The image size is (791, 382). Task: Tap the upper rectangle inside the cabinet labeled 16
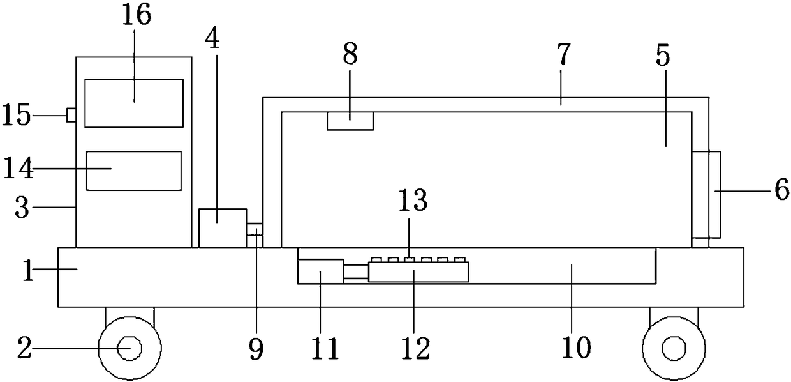click(134, 103)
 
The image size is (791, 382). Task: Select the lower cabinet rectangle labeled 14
click(133, 171)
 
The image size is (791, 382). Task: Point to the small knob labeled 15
click(71, 115)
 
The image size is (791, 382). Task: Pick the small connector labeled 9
click(255, 234)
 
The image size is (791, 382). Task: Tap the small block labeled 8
click(350, 120)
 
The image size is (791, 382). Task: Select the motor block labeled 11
click(320, 272)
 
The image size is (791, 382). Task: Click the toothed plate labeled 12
click(418, 271)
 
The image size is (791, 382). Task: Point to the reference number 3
click(22, 208)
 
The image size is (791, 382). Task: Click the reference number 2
click(24, 349)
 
